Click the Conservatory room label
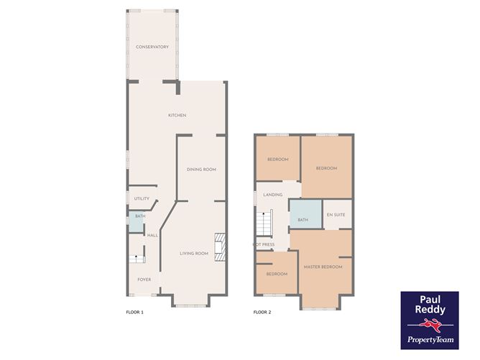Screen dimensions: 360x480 tap(152, 47)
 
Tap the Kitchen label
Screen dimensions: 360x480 tap(177, 116)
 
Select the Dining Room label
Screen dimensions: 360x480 tap(201, 170)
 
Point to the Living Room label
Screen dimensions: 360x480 tap(194, 253)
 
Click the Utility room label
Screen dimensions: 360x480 tap(142, 199)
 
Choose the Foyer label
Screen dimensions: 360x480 tap(144, 280)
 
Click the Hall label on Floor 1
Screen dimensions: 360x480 tap(152, 236)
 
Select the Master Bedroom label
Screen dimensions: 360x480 tap(323, 267)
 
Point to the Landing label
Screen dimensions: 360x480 tap(273, 195)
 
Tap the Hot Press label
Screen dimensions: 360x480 tap(264, 245)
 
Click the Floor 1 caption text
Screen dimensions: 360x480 tap(135, 313)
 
